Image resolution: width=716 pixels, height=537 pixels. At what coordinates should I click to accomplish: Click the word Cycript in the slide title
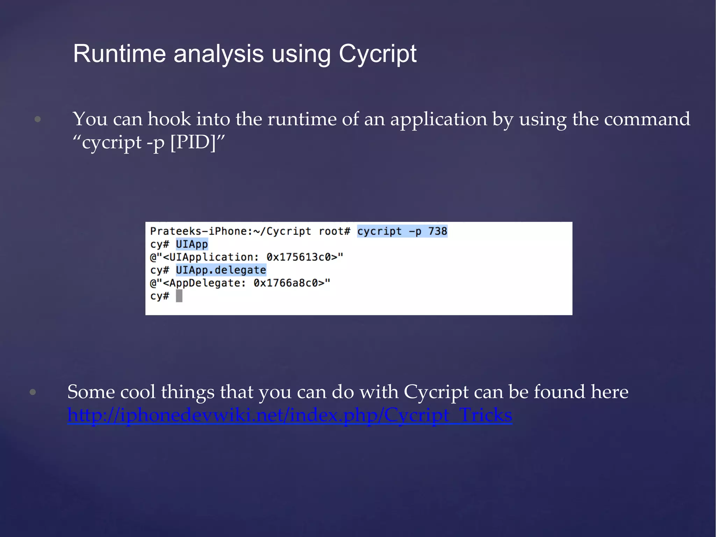377,54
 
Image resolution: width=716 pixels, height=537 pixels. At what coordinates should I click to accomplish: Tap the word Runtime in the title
119,54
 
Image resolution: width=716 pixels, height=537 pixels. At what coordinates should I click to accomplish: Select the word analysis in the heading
219,54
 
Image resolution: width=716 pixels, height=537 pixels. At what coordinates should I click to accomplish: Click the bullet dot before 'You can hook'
38,120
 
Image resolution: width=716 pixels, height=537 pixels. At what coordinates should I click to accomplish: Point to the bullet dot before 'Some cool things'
33,392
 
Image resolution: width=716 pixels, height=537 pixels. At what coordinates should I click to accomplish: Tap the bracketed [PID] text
193,142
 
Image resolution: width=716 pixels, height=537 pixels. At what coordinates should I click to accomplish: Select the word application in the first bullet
438,119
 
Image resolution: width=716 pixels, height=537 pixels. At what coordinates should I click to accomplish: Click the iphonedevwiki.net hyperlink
289,415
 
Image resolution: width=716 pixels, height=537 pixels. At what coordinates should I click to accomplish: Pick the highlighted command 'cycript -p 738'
402,231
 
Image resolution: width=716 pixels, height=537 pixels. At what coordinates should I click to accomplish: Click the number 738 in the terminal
438,231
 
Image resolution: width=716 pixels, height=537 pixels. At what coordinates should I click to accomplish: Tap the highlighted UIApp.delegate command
221,270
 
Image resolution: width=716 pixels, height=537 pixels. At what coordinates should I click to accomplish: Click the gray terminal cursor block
179,296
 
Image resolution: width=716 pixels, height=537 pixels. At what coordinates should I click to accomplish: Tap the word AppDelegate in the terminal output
204,283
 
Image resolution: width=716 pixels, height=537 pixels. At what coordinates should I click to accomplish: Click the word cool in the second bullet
138,392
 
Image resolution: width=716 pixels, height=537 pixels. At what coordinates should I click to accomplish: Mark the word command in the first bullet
647,119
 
